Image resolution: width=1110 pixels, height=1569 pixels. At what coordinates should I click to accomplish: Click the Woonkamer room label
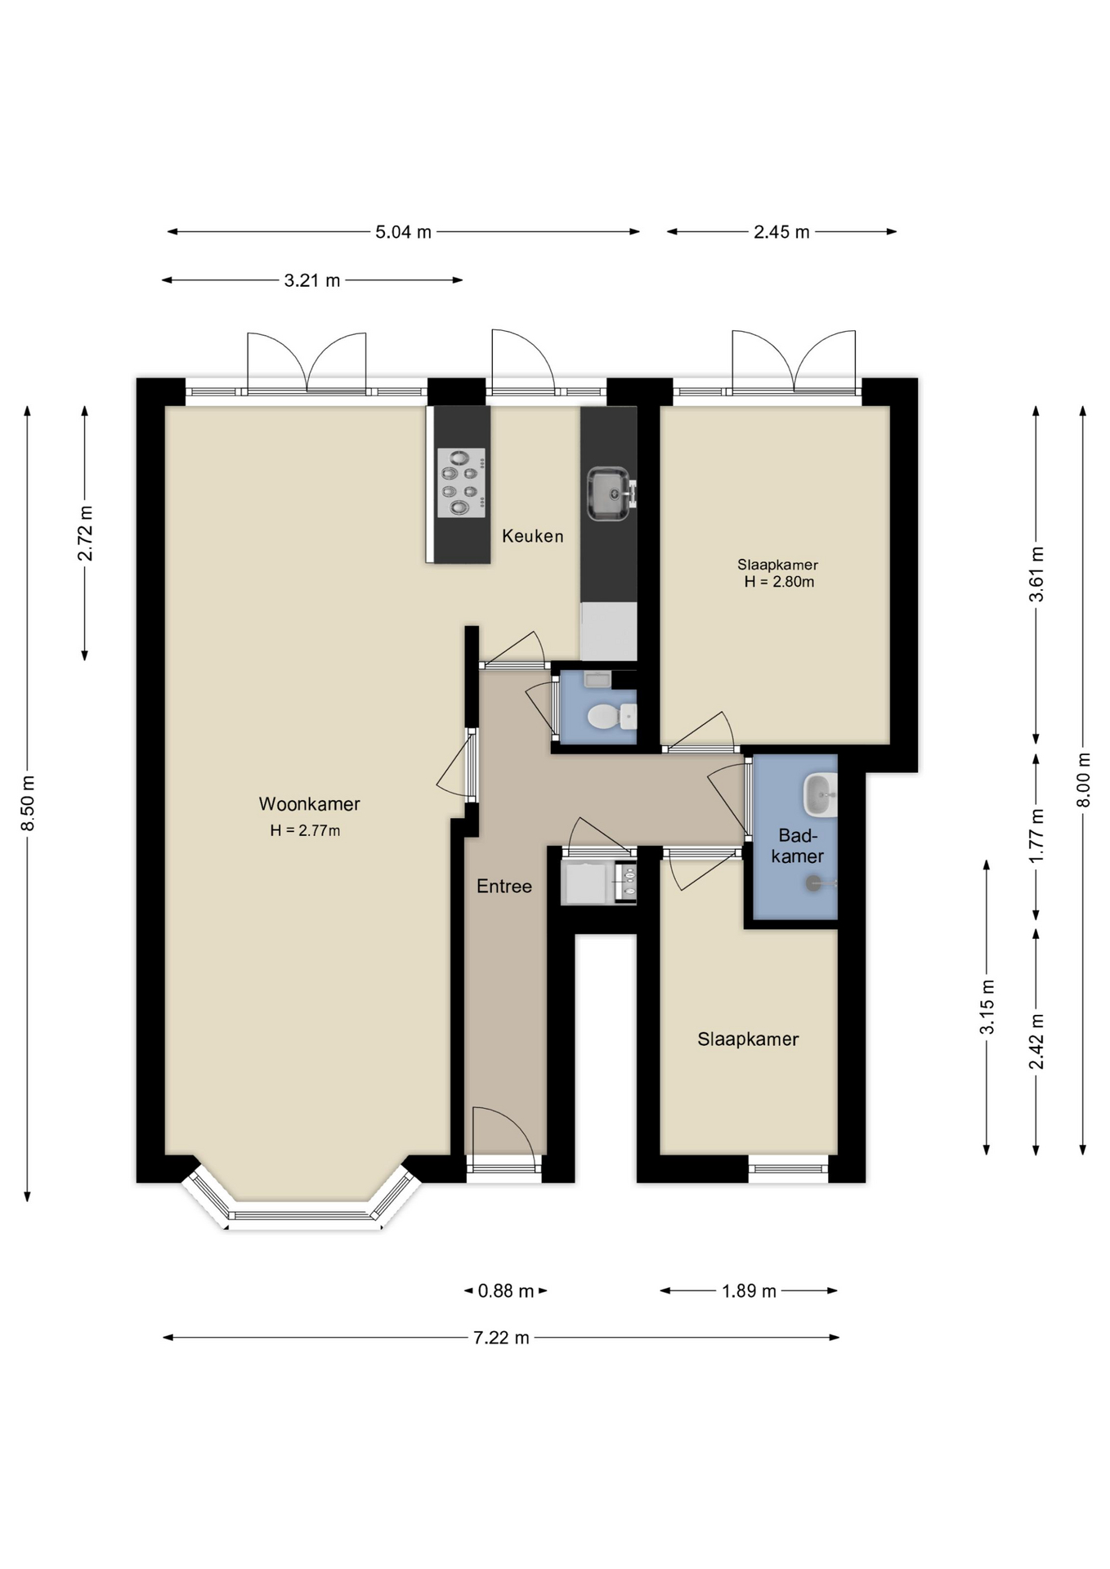click(x=309, y=804)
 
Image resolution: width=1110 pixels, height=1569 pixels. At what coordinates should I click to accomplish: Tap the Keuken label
click(x=532, y=536)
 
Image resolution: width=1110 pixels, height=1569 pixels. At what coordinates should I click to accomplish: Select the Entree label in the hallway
click(x=504, y=886)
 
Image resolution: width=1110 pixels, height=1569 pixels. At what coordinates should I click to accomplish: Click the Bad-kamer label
click(x=797, y=846)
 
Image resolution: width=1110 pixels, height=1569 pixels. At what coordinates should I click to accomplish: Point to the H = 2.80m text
click(x=779, y=582)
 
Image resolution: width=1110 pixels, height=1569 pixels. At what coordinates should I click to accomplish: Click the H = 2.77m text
click(x=305, y=830)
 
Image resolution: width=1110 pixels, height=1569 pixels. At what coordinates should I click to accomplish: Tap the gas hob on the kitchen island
click(x=461, y=483)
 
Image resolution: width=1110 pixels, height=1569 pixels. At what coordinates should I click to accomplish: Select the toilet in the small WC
click(x=611, y=717)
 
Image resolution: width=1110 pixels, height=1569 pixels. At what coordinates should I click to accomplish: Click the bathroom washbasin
click(x=820, y=794)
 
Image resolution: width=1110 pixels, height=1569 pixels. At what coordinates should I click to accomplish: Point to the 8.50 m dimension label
click(x=28, y=803)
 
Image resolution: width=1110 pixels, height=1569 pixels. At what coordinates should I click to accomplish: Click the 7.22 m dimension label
click(x=501, y=1338)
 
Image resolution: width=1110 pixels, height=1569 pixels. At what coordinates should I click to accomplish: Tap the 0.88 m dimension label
click(x=505, y=1291)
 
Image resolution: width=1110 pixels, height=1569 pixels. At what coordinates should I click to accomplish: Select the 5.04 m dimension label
click(x=403, y=232)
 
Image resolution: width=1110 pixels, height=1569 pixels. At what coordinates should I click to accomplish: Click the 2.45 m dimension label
click(x=781, y=232)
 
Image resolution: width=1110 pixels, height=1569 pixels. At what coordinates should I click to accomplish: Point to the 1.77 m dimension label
click(x=1036, y=835)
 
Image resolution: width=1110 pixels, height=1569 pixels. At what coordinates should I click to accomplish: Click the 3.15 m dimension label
click(x=987, y=1006)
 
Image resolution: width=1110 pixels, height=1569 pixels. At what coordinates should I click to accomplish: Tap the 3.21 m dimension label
click(x=312, y=280)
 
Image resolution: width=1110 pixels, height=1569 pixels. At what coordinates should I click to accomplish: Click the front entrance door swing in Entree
click(x=504, y=1131)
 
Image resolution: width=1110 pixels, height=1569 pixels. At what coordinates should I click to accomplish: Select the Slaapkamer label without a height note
click(x=748, y=1039)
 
